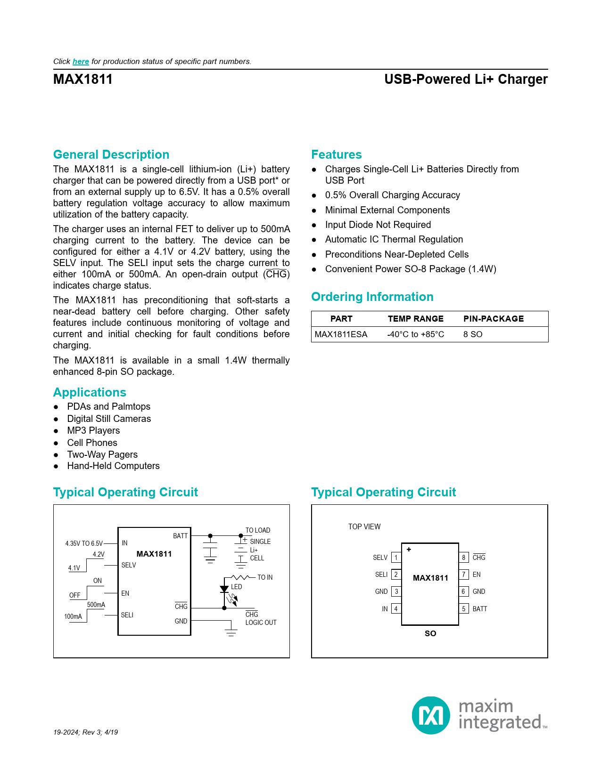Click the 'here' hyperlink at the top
(x=81, y=62)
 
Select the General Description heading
(x=111, y=154)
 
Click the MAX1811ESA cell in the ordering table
(x=341, y=334)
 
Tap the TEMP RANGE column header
(x=415, y=319)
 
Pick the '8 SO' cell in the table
(x=473, y=334)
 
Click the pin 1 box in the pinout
(x=396, y=558)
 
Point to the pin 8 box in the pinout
(x=464, y=558)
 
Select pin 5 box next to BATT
(x=464, y=609)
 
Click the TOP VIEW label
(x=364, y=526)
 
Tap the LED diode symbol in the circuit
(x=224, y=589)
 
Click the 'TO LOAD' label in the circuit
(x=258, y=530)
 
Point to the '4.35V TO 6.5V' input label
(x=84, y=543)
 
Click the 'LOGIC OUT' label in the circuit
(x=261, y=623)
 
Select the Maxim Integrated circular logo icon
(x=431, y=715)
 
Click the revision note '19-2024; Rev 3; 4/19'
(x=85, y=732)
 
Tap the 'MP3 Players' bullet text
(x=93, y=430)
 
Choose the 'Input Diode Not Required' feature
(x=378, y=225)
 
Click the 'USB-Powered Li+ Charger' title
(x=466, y=79)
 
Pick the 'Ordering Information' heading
(x=372, y=297)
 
